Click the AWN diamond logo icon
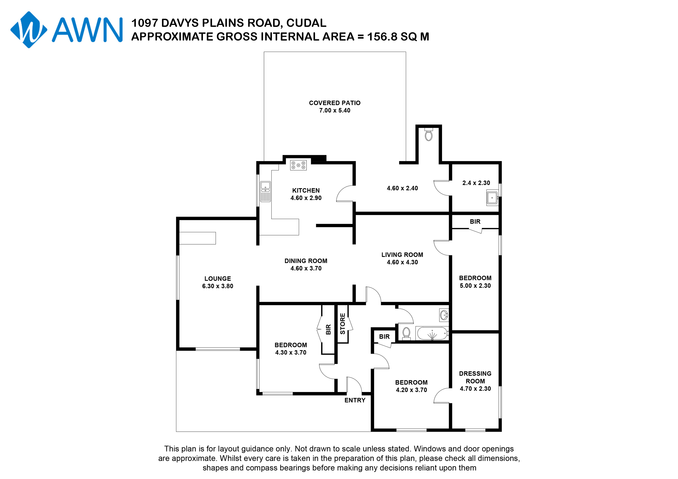click(29, 30)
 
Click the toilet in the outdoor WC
click(428, 135)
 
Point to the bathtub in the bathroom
click(432, 334)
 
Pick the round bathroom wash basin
click(444, 315)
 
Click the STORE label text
click(342, 324)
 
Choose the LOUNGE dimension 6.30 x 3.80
click(218, 286)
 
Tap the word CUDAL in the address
click(307, 23)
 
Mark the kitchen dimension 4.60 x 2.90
click(306, 198)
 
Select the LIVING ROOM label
click(402, 255)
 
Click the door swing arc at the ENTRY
click(354, 385)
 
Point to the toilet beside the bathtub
click(406, 334)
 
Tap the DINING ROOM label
click(306, 261)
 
